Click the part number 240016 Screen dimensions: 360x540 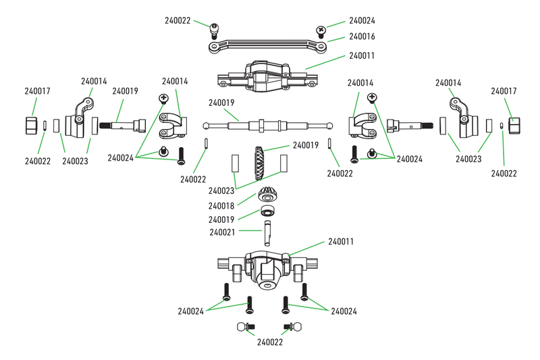pyautogui.click(x=362, y=36)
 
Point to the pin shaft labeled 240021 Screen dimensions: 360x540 pyautogui.click(x=267, y=232)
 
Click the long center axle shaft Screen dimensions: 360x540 pyautogui.click(x=268, y=126)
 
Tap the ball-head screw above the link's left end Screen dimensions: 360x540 pyautogui.click(x=215, y=28)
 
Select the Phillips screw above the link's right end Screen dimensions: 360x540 pyautogui.click(x=322, y=29)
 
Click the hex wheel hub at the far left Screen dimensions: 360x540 pyautogui.click(x=31, y=126)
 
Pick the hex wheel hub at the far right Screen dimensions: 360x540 pyautogui.click(x=514, y=126)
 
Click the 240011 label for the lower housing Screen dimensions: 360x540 pyautogui.click(x=342, y=241)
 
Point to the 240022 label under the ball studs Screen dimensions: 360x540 pyautogui.click(x=271, y=342)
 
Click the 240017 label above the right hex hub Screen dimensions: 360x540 pyautogui.click(x=504, y=91)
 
